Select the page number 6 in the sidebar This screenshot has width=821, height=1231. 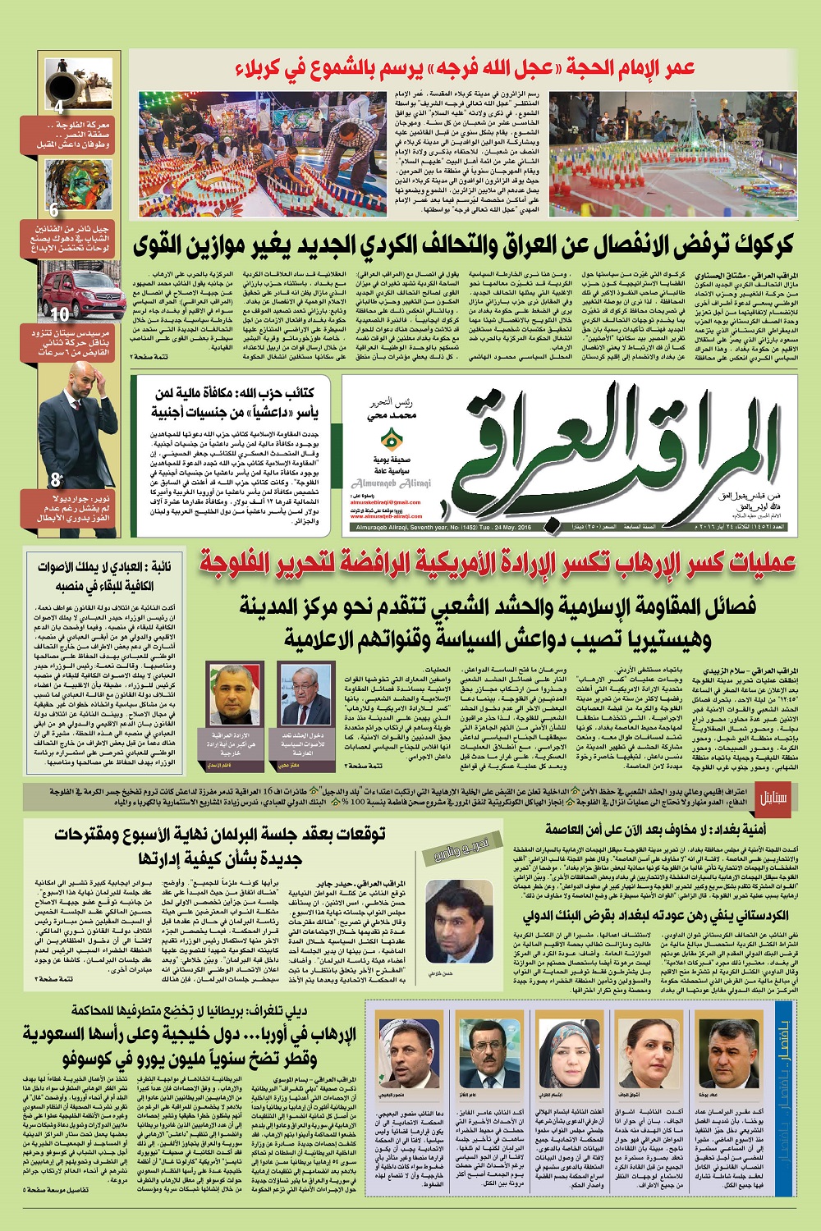pos(54,211)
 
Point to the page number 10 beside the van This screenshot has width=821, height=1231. pos(60,314)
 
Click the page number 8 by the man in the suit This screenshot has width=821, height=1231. pos(56,480)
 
